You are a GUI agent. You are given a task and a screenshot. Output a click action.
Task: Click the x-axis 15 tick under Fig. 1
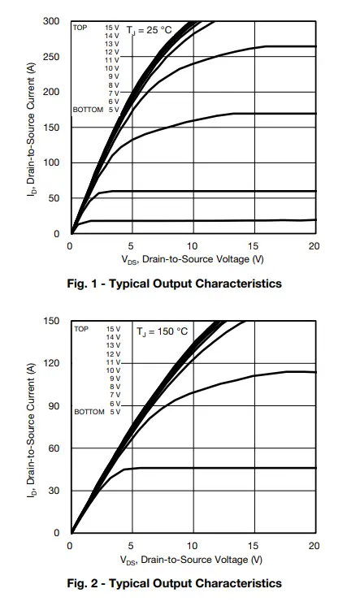254,245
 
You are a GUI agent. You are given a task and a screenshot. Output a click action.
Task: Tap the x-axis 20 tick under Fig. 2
314,545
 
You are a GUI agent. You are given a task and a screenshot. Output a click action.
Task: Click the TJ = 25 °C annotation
149,30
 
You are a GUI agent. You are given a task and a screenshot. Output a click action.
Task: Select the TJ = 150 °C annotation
162,331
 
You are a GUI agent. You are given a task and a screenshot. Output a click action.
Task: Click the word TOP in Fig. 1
80,28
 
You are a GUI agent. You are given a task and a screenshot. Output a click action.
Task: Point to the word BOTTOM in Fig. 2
89,412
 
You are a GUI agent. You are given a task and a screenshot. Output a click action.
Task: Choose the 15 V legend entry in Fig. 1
112,28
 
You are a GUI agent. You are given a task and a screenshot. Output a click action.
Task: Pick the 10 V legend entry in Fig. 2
113,370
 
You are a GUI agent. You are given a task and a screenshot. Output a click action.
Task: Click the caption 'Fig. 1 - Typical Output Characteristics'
174,284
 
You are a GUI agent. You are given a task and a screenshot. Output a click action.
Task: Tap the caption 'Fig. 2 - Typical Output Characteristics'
174,583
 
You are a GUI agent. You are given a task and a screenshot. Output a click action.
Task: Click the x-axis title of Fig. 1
193,260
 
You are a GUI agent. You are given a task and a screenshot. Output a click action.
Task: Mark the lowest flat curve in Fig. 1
203,220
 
